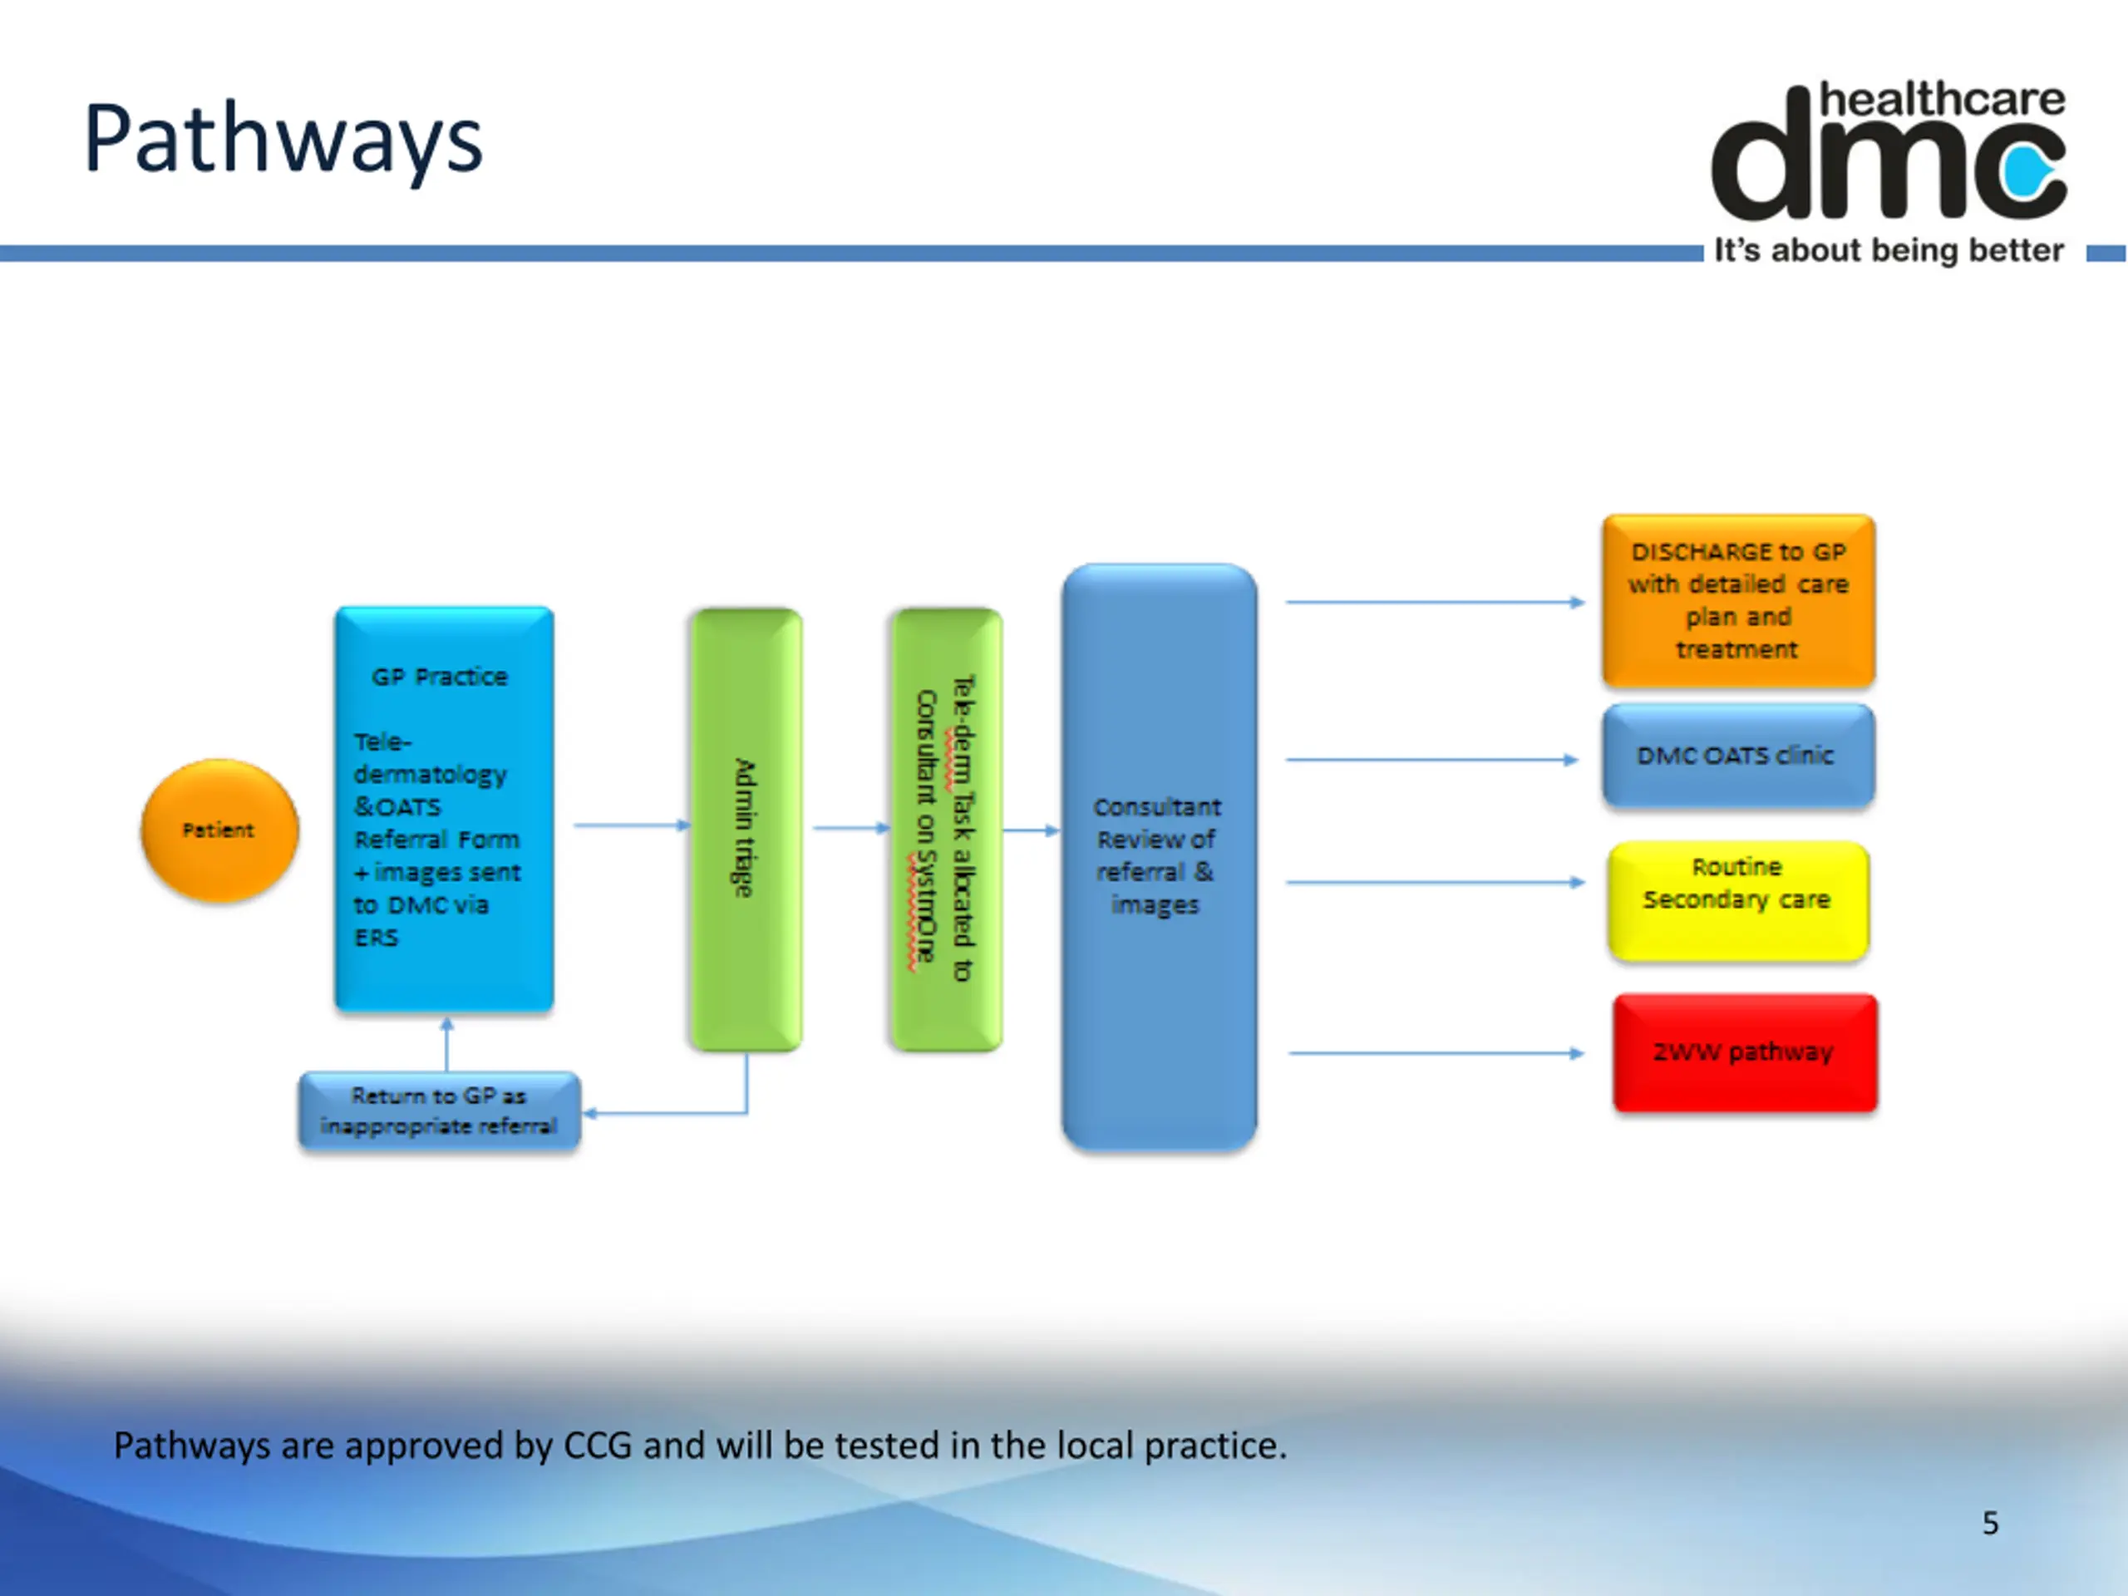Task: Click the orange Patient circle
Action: point(219,830)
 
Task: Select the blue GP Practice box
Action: point(444,808)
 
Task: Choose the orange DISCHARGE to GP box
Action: point(1737,600)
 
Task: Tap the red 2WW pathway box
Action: point(1744,1052)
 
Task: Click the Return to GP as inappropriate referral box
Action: point(440,1111)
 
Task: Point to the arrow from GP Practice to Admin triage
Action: point(631,825)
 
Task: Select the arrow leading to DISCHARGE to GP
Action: point(1433,602)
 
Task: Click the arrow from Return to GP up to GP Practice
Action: point(446,1045)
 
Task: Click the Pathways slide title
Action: point(283,140)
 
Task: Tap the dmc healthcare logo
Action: point(1888,154)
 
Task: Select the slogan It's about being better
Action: point(1888,251)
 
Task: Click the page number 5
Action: point(1989,1523)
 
